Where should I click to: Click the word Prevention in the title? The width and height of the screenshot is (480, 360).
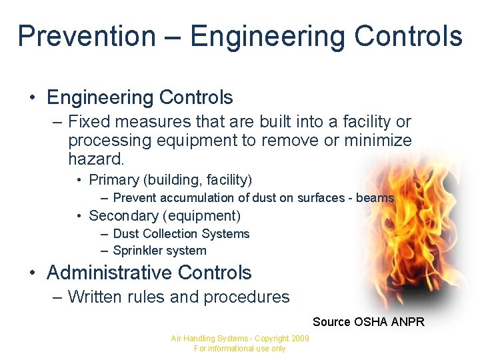point(86,36)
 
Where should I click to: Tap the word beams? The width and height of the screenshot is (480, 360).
point(375,198)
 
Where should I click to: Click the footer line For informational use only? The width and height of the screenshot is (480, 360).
point(239,349)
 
